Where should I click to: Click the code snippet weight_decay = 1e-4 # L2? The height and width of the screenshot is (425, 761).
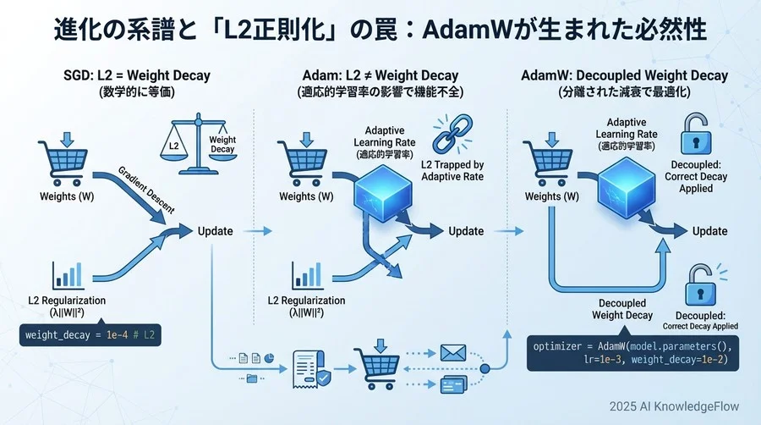coord(90,336)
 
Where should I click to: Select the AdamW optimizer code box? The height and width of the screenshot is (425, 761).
coord(631,353)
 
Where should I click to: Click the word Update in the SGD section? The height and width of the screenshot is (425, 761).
coord(216,230)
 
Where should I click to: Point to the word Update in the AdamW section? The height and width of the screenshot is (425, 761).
coord(709,231)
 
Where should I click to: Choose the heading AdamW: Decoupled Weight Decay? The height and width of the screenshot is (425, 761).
coord(624,75)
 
